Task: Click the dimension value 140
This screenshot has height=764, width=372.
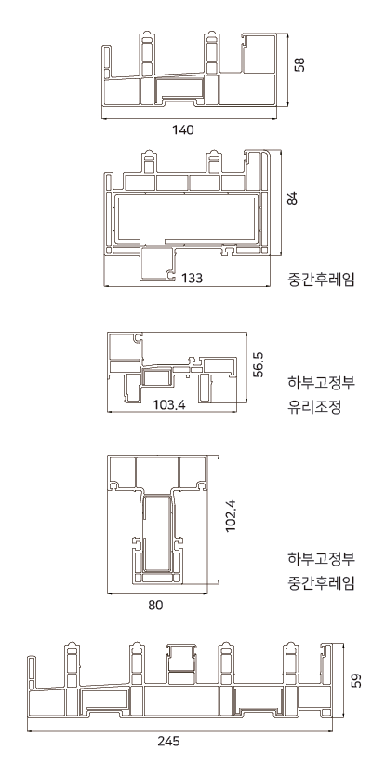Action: coord(183,130)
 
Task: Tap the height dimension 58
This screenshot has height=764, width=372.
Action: coord(300,64)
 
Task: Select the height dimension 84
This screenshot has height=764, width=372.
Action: coord(292,198)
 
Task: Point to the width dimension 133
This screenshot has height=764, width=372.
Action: coord(193,278)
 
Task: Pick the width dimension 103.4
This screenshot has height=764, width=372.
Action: coord(169,404)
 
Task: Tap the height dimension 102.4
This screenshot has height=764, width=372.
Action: coord(231,515)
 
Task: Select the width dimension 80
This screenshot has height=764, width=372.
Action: coord(155,606)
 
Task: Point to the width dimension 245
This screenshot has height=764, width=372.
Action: coord(168,741)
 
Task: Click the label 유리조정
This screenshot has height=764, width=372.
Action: coord(314,406)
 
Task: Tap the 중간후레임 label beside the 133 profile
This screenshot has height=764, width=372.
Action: coord(322,280)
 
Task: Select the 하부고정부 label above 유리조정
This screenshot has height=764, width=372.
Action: coord(322,382)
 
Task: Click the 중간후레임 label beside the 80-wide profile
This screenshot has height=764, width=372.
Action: coord(322,582)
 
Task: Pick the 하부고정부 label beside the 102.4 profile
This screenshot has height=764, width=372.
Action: coord(322,558)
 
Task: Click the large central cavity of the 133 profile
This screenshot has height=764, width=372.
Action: coord(188,218)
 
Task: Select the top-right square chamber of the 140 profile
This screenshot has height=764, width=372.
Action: coord(259,54)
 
